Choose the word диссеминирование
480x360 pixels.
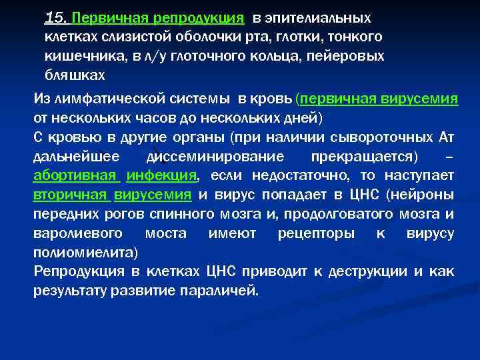click(214, 157)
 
